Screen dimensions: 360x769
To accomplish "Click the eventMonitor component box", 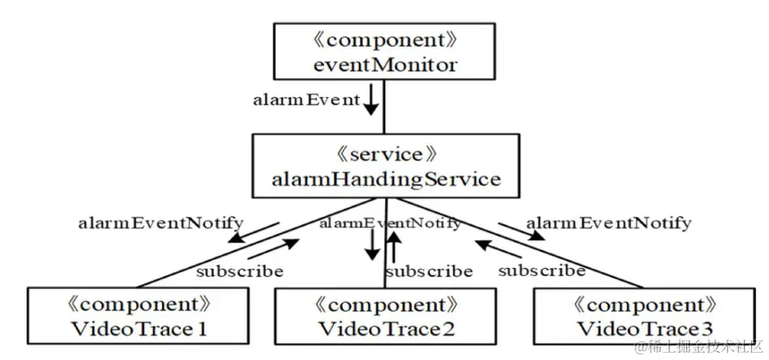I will point(382,50).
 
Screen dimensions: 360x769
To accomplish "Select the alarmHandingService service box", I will point(384,165).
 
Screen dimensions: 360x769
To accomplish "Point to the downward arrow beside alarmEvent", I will point(369,101).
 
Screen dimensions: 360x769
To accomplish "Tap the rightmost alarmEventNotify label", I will point(608,222).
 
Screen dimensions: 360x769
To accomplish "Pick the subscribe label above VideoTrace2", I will point(428,270).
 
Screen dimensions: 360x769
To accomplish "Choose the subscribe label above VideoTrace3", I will point(541,270).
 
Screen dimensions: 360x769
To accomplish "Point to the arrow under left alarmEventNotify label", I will point(254,233).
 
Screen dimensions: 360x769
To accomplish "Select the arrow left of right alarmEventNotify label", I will point(521,230).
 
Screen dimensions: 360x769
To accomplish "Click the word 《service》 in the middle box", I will point(384,152).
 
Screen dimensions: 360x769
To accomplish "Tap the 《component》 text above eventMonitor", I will point(382,37).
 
